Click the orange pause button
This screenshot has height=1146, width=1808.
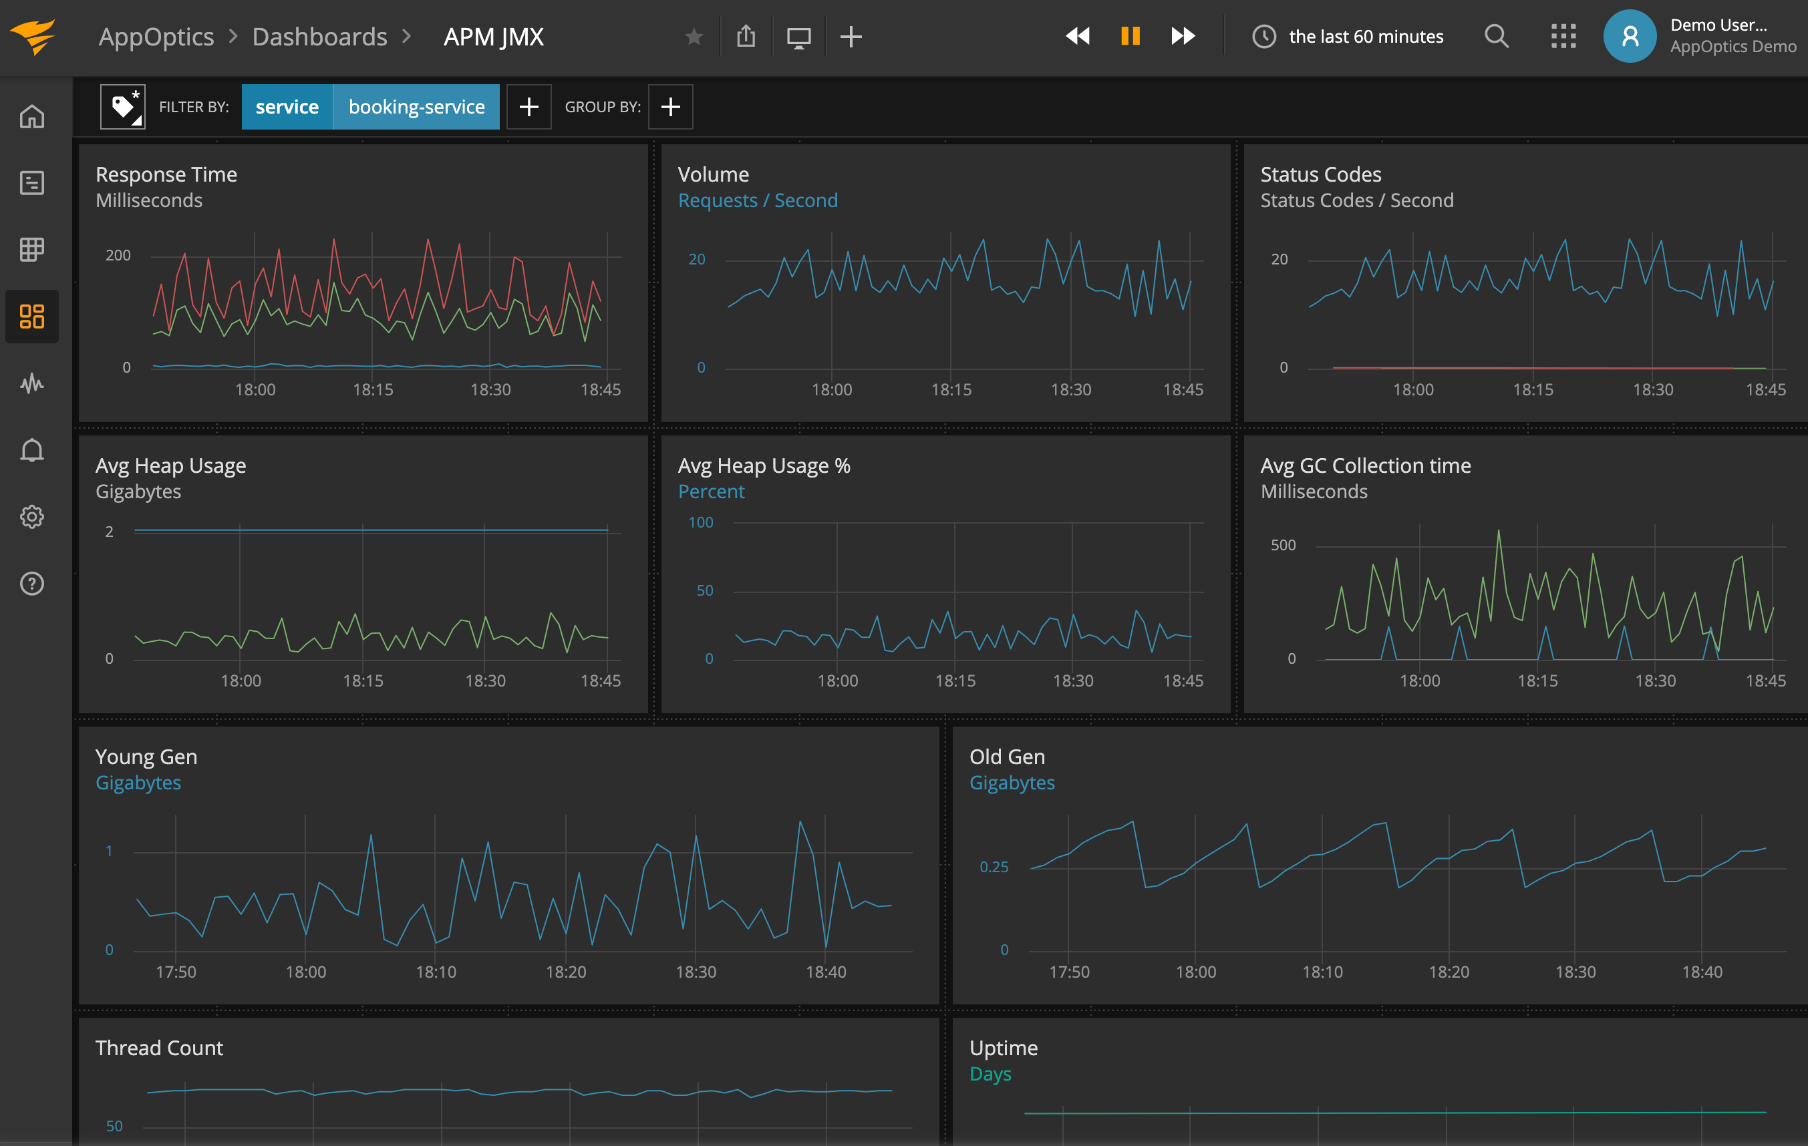coord(1130,36)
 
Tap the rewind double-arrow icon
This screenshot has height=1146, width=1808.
coord(1078,36)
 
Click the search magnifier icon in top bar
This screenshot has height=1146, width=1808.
coord(1496,36)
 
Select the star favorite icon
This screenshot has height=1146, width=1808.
coord(694,36)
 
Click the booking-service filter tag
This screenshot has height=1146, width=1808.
coord(416,107)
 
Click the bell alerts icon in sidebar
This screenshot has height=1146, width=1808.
coord(31,450)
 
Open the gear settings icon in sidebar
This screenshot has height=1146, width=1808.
coord(31,517)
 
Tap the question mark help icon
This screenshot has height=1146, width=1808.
coord(31,583)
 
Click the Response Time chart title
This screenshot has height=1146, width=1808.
coord(166,174)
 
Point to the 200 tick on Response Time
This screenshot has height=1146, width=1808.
coord(118,255)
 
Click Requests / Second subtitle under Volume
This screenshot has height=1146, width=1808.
coord(757,200)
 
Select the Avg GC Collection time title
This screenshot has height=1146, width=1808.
coord(1364,465)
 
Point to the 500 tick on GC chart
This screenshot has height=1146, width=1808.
coord(1282,545)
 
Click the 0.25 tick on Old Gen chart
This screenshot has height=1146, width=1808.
coord(994,867)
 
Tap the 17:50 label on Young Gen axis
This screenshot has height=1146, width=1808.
coord(176,972)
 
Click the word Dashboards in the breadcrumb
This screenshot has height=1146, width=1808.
coord(319,36)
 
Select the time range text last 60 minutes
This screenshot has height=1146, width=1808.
coord(1365,36)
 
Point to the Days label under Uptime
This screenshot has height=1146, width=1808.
coord(990,1073)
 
